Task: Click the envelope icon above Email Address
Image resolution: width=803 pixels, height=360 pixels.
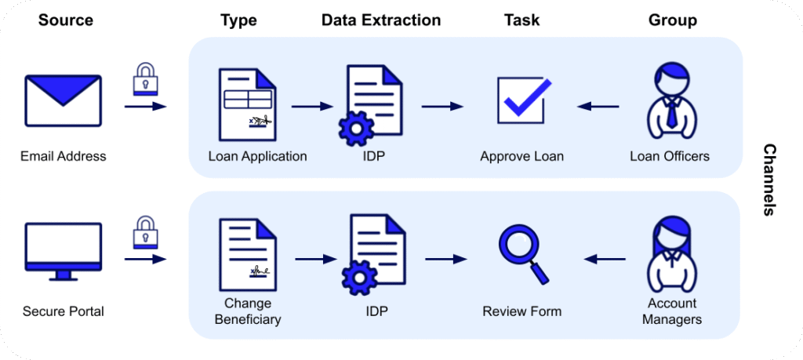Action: point(63,100)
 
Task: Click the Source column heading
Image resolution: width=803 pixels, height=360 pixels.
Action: point(65,20)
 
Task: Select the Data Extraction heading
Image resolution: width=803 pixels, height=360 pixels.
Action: point(381,20)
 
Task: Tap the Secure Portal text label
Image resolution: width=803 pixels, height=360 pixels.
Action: point(64,311)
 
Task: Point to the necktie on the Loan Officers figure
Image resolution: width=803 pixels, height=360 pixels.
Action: point(672,116)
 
